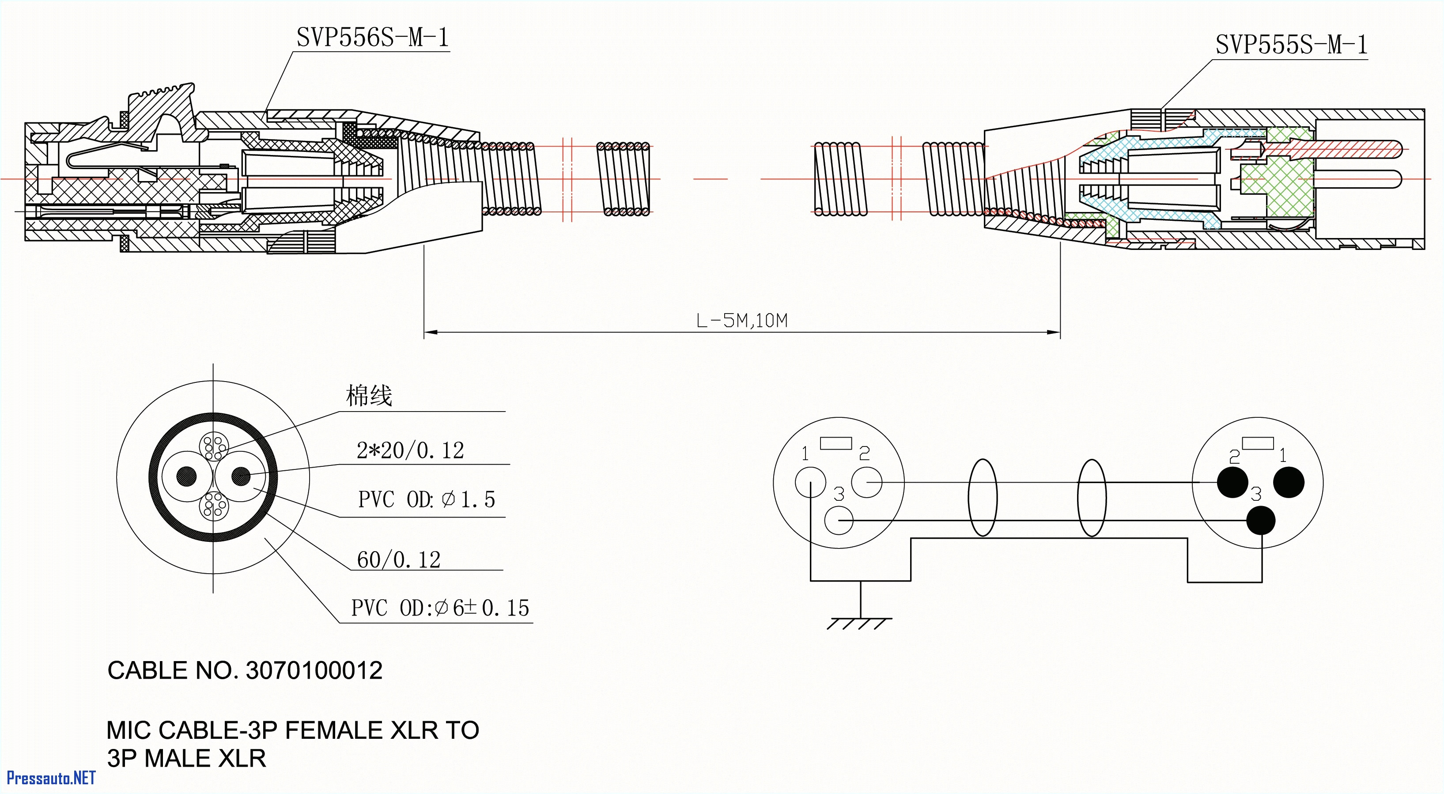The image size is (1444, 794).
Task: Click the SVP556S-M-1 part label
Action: click(372, 38)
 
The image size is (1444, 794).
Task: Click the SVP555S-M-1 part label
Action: click(1291, 45)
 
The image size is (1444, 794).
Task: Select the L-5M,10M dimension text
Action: click(741, 321)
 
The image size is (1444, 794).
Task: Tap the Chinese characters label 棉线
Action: click(369, 396)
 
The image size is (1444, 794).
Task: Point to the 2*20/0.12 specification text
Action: click(410, 450)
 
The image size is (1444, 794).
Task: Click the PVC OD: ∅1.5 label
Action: click(427, 499)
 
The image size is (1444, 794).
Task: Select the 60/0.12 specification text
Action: click(399, 560)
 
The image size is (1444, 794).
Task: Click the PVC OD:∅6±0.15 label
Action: click(440, 608)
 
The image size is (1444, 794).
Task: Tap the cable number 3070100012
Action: click(314, 671)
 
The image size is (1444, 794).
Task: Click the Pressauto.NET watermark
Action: click(51, 778)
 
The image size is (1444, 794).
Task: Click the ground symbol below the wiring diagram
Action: click(859, 622)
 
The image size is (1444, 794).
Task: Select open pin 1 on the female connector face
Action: click(810, 482)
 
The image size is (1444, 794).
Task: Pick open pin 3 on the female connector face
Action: click(839, 520)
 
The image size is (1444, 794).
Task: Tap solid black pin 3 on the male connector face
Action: click(1261, 520)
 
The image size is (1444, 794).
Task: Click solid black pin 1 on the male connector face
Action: click(1289, 482)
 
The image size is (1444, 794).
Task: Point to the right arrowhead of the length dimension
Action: click(1054, 333)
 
